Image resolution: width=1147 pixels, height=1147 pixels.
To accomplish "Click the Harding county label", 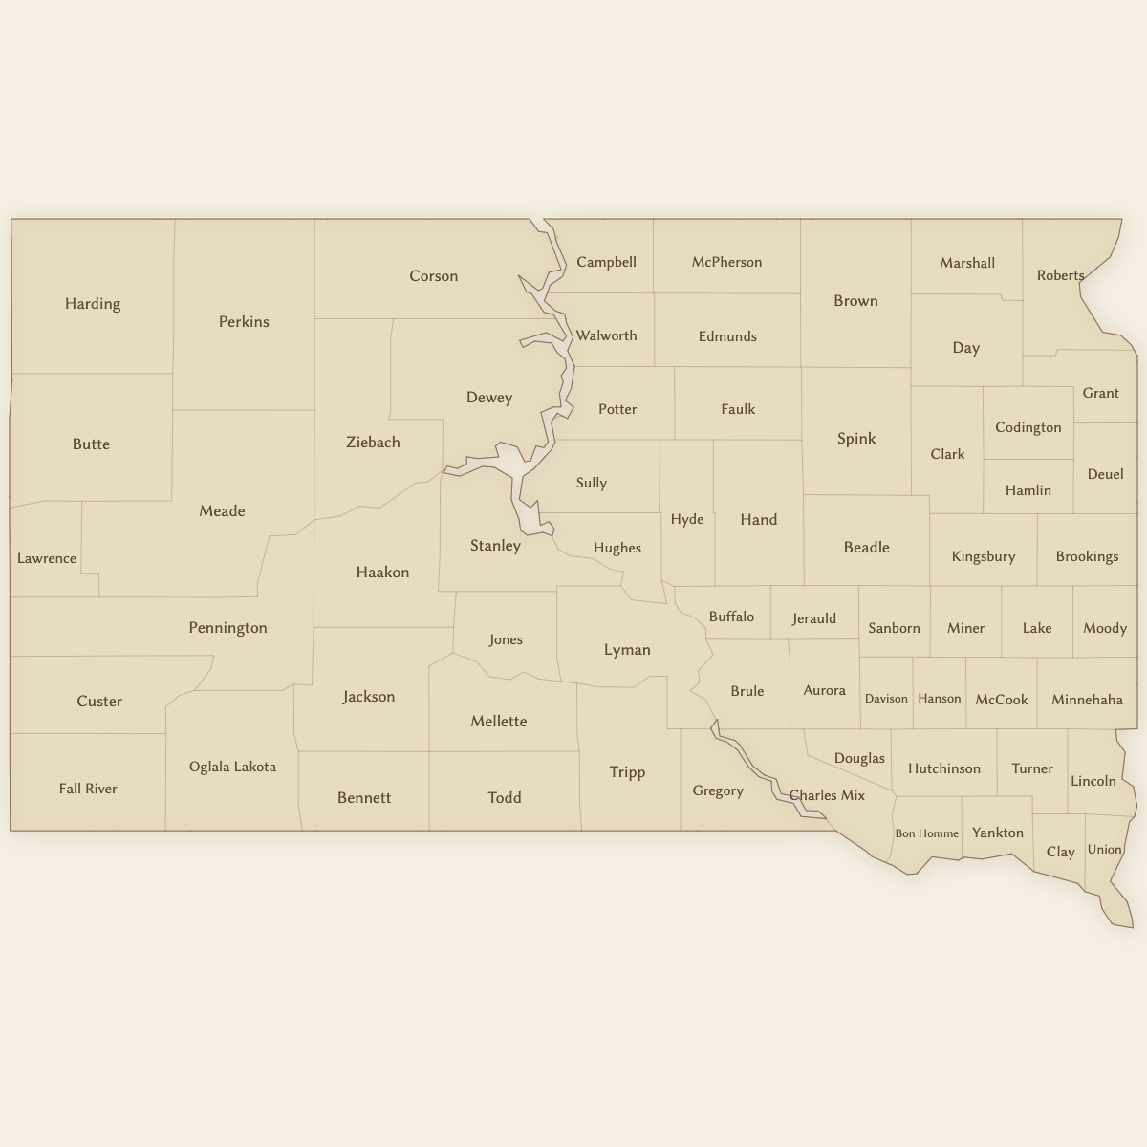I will click(x=93, y=304).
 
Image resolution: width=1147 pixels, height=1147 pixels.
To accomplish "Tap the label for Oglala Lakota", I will click(x=232, y=767).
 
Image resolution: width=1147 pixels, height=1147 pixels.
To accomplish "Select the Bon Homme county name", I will click(x=926, y=833).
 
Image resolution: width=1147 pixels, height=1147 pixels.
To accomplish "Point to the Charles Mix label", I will click(x=827, y=795).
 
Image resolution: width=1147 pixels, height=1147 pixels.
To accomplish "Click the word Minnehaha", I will click(x=1087, y=700).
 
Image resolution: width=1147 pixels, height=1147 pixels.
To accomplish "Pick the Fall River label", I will click(x=88, y=789).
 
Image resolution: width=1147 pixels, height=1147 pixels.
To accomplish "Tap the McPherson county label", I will click(x=726, y=262).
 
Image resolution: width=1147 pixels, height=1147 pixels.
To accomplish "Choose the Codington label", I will click(x=1028, y=427).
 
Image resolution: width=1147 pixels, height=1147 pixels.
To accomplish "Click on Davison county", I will click(x=886, y=699).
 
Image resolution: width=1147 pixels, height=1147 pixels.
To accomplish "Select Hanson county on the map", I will click(x=939, y=699).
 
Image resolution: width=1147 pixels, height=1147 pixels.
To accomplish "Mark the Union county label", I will click(x=1104, y=850).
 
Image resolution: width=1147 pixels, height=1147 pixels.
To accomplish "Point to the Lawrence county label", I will click(x=47, y=558).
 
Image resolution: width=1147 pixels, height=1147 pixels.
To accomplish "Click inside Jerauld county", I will click(x=814, y=618).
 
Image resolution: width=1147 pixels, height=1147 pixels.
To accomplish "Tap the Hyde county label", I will click(x=686, y=520).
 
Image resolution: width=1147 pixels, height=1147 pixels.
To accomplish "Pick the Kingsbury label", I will click(x=983, y=556).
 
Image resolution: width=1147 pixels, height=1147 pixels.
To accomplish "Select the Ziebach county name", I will click(x=373, y=443).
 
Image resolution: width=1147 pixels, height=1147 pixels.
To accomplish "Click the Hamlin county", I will click(x=1028, y=490).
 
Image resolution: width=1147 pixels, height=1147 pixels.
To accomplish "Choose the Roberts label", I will click(x=1060, y=275).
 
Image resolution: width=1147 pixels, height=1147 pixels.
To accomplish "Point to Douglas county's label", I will click(x=859, y=758).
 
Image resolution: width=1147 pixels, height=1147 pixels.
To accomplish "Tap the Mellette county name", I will click(x=498, y=722).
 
